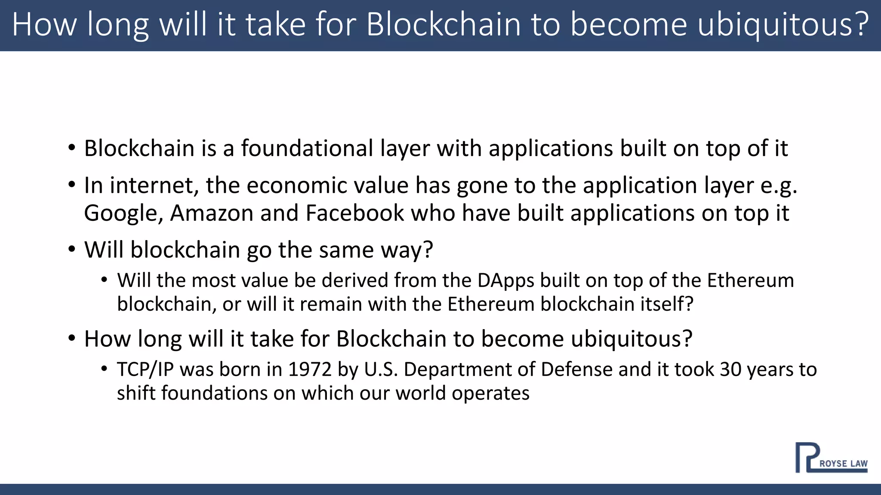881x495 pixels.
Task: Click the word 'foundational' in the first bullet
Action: coord(307,148)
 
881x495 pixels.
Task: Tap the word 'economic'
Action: coord(297,185)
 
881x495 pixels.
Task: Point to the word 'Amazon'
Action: coord(212,213)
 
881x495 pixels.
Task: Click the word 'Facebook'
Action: coord(355,213)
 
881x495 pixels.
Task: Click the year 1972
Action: coord(310,370)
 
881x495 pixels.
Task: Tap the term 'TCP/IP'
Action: coord(145,370)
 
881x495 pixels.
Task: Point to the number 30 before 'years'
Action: coord(730,370)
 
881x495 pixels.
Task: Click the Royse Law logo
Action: coord(831,458)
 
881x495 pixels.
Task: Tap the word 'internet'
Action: coord(154,185)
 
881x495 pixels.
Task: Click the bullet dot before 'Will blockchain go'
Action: coord(72,249)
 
